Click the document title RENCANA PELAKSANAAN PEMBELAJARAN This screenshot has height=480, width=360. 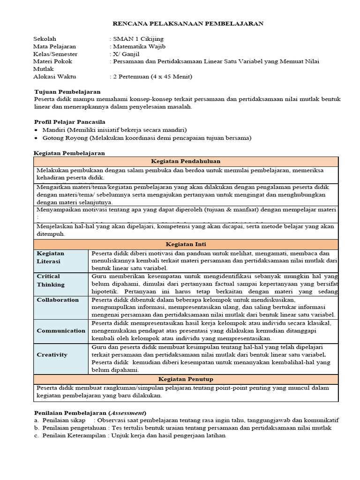tap(188, 23)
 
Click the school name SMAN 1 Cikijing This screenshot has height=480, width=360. tap(138, 39)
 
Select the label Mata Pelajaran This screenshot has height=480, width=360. tap(54, 46)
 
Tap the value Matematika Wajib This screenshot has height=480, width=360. tap(139, 46)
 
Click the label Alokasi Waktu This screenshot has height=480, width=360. tap(54, 76)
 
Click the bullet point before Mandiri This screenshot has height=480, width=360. tap(37, 130)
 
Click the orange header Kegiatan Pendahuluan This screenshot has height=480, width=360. tap(186, 161)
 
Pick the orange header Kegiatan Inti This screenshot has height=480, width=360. tap(186, 244)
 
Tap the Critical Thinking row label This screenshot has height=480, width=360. tap(51, 280)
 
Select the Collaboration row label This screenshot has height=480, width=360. tap(58, 300)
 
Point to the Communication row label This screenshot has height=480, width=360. tap(61, 330)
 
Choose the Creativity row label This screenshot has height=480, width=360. tap(52, 355)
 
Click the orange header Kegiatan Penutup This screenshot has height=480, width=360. tap(186, 379)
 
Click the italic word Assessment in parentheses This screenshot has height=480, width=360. tap(127, 412)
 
